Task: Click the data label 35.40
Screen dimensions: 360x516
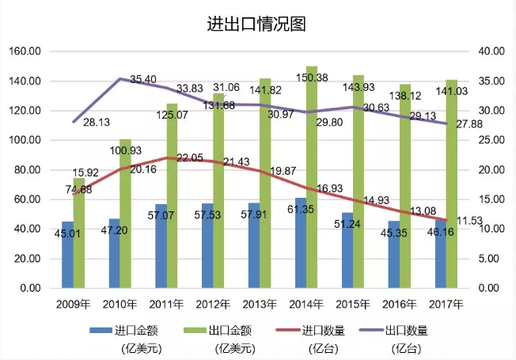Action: tap(142, 80)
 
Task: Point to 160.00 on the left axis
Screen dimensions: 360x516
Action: tap(25, 51)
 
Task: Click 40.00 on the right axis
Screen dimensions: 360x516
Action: tap(492, 51)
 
